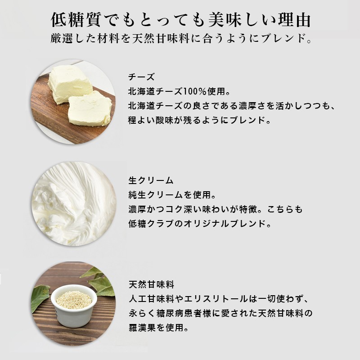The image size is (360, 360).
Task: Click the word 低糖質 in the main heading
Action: (x=76, y=20)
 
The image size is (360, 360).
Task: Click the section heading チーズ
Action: (x=141, y=77)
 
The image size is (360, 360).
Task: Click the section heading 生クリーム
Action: (x=151, y=180)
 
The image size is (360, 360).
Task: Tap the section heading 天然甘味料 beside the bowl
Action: (x=152, y=285)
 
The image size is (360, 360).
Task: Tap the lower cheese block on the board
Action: (x=90, y=108)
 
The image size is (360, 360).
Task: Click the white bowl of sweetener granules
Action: (x=74, y=302)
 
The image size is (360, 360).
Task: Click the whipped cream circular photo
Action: (x=74, y=203)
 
